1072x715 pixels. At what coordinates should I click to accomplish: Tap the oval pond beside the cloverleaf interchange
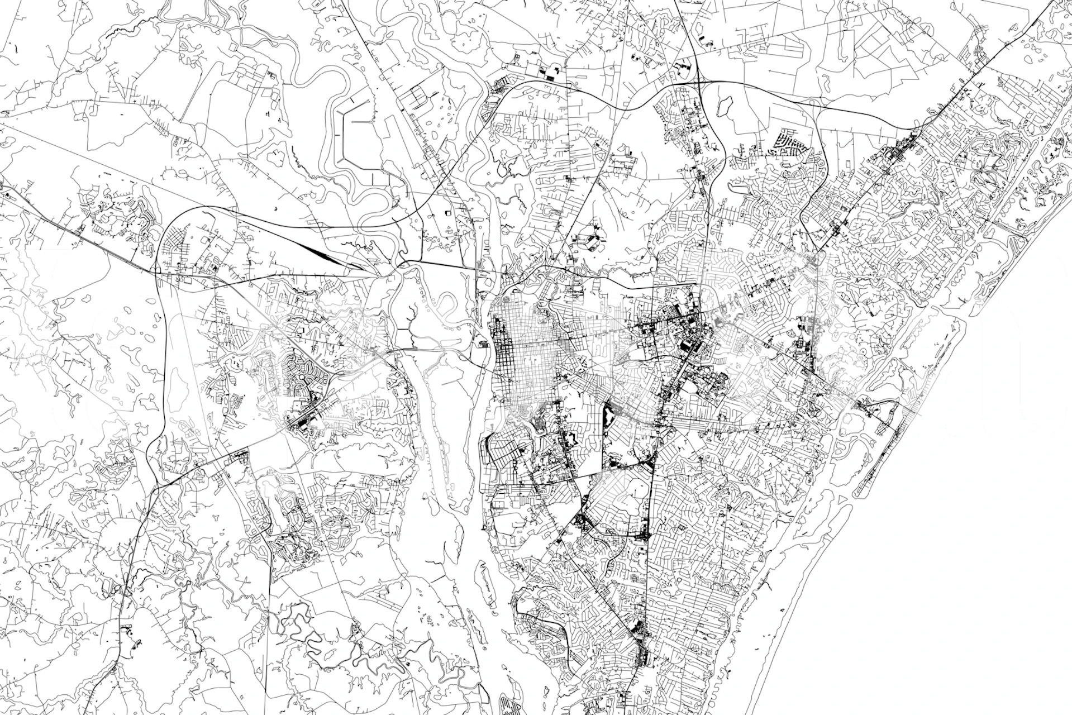725,103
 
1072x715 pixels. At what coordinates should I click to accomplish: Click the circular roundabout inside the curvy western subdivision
302,379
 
